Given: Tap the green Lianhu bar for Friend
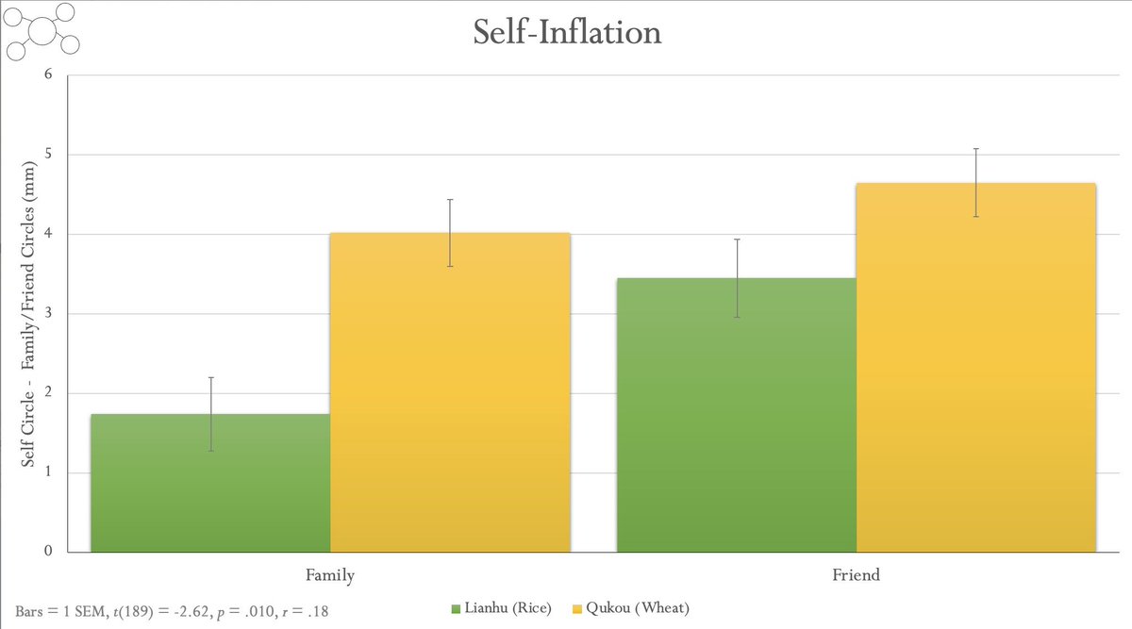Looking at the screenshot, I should tap(736, 415).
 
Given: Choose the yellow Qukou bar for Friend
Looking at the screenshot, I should tap(975, 368).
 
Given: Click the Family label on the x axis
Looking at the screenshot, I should tap(330, 573).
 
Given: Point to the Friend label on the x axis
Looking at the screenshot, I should tap(856, 573).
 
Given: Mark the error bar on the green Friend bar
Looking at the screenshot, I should tap(736, 277).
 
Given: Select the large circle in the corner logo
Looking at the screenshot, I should tap(42, 31).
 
